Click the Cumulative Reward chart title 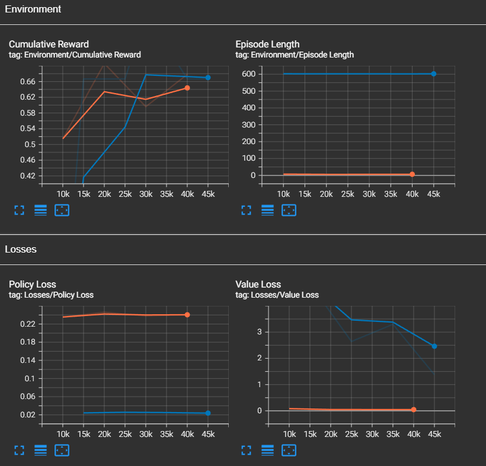(49, 44)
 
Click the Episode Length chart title (267, 44)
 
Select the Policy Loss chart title (33, 285)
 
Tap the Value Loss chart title (258, 285)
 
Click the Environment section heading (33, 9)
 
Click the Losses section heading (21, 249)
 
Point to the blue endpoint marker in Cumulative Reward (208, 78)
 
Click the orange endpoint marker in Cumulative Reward (187, 88)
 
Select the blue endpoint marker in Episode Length (434, 74)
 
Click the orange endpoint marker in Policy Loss (187, 315)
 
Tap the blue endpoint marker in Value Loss (434, 346)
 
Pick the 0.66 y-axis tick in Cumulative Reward (27, 81)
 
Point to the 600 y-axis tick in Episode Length (248, 74)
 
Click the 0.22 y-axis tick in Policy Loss (27, 324)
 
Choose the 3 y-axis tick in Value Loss (258, 332)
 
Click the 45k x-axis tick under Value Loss (434, 435)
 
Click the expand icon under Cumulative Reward (19, 210)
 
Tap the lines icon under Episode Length (267, 210)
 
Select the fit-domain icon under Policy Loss (62, 451)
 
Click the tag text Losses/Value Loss (277, 295)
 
